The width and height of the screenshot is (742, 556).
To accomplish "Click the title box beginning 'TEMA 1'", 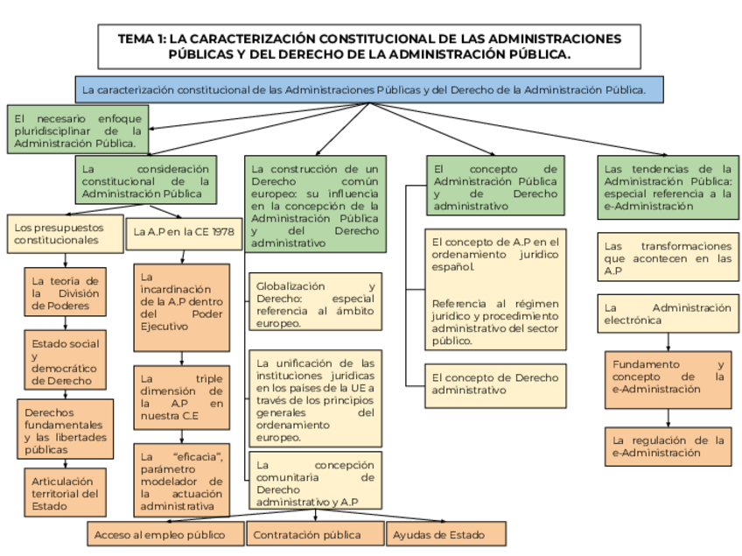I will point(370,46).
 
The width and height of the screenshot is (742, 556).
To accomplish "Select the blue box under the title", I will point(369,89).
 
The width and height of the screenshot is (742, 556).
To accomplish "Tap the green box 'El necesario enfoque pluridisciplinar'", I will point(78,130).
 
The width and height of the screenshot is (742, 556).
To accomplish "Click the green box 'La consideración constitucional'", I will point(145,180).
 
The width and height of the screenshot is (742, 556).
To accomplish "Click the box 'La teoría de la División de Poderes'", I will point(66,292).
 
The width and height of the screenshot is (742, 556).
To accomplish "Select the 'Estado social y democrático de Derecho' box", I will point(66,362).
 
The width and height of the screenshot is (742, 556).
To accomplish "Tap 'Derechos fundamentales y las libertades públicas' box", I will point(66,430).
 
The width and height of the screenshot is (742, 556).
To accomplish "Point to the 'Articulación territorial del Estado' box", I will point(66,493).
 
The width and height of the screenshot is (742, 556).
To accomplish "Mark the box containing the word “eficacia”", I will point(181,481).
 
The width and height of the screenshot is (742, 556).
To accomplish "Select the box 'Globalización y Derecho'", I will point(315,305).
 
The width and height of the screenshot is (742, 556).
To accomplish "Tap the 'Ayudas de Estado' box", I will point(446,534).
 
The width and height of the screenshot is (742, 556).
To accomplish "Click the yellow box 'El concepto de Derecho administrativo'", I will point(495,384).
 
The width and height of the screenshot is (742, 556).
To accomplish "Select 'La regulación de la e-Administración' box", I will point(668,447).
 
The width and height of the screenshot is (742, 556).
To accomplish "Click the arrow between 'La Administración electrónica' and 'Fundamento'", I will point(668,341).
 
